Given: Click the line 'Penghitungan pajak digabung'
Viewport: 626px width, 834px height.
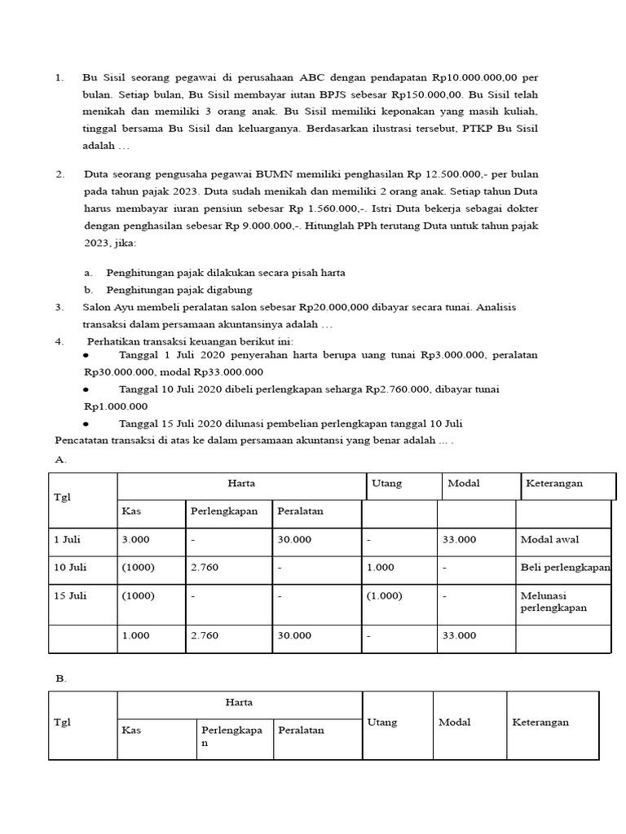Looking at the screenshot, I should pos(179,290).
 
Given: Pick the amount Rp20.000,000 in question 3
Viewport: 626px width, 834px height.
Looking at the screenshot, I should pos(335,307).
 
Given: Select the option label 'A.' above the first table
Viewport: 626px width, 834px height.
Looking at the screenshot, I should pos(61,459).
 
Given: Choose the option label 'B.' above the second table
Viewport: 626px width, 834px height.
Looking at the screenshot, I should pos(61,678).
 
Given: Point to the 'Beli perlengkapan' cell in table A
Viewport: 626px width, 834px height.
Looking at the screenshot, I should pos(565,567).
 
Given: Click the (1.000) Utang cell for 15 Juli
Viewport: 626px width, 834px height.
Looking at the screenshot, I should pos(385,595).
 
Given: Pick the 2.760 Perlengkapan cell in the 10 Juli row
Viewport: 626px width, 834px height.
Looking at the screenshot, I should pos(205,567).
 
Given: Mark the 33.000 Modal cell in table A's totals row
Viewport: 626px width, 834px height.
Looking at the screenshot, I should pos(460,635).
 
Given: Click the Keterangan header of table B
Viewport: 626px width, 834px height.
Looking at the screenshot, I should pos(540,722).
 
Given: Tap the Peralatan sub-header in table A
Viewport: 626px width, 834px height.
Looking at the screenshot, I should pos(300,511).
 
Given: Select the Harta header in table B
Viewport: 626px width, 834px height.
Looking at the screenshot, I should pos(239,702).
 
